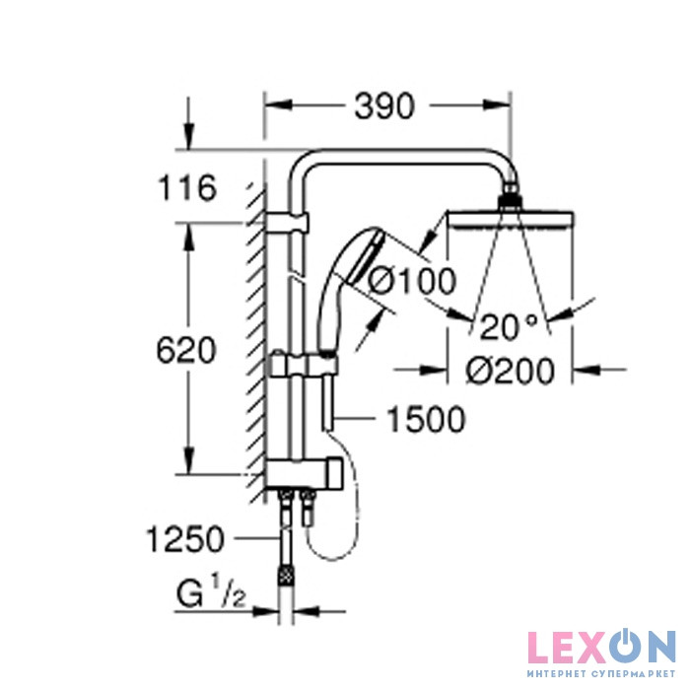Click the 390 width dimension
[384, 106]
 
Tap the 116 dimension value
[187, 188]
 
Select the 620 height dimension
[186, 350]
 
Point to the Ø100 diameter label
[412, 281]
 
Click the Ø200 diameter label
[510, 370]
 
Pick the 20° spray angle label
[509, 327]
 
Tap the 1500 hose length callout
[426, 419]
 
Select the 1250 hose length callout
[185, 539]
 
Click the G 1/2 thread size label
[211, 591]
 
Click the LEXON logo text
[601, 649]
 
